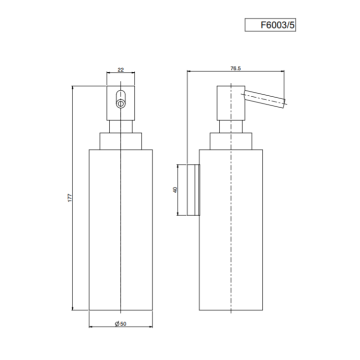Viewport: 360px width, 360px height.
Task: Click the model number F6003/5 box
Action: click(x=270, y=24)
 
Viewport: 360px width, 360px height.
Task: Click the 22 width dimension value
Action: click(x=120, y=70)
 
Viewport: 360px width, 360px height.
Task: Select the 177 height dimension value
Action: click(x=69, y=198)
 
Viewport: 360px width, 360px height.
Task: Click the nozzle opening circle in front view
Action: click(x=120, y=103)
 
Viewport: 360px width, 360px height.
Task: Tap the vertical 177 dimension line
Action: click(x=73, y=250)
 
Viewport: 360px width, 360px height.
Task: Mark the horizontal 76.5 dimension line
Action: click(x=210, y=72)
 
